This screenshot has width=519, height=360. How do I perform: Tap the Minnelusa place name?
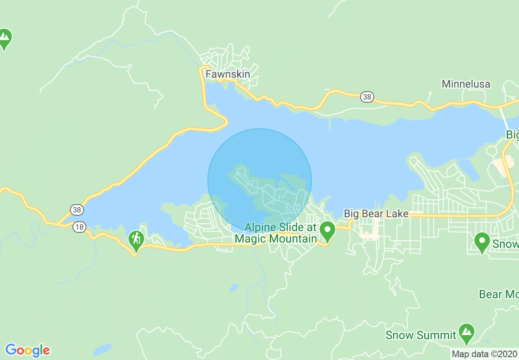pos(466,84)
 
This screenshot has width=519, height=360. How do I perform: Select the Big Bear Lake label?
pos(376,214)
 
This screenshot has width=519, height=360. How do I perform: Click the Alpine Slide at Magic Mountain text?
pos(276,233)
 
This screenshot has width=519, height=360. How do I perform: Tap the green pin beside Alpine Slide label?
pos(327,231)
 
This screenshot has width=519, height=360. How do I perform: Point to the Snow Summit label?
pos(421,335)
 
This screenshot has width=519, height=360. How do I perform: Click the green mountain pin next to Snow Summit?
pos(466,333)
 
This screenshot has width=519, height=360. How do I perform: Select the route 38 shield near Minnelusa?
pos(367,97)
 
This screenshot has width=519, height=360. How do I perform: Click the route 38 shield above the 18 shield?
pos(77,210)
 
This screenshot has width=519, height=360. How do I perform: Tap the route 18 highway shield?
pos(79,227)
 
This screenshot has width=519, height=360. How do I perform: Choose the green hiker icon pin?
pos(136,241)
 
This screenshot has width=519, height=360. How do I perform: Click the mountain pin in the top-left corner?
pos(5,38)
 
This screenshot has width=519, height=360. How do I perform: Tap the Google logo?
pos(27,350)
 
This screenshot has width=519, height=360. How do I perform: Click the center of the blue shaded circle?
pos(259,180)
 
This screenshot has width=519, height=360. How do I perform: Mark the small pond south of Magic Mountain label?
pos(234,288)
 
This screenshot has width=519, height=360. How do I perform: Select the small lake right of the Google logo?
pos(102,350)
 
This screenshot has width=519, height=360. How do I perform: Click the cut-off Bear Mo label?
pos(499,294)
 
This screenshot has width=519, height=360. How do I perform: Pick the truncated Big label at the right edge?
pos(512,135)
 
